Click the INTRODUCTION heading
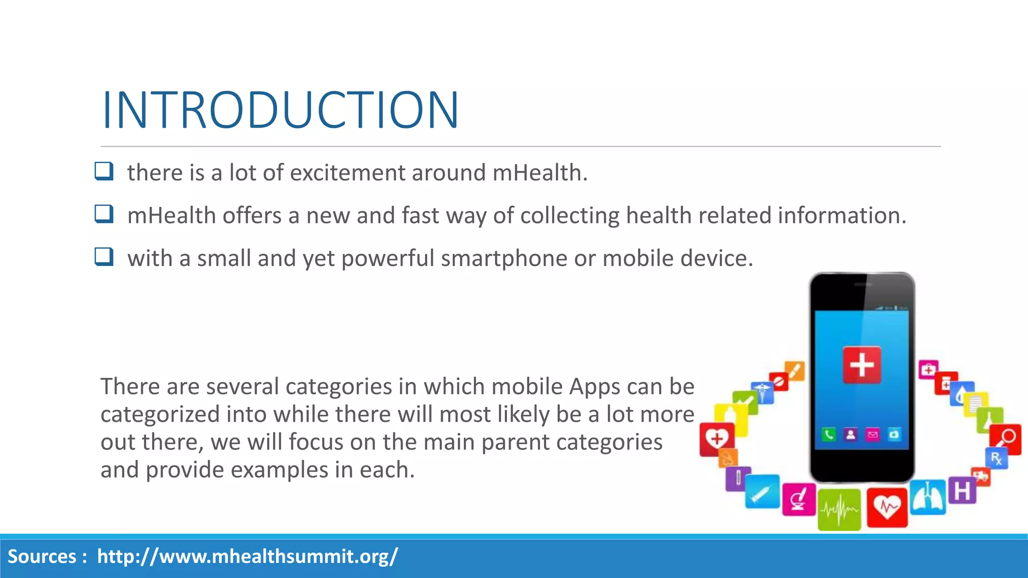click(280, 110)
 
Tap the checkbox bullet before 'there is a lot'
click(104, 172)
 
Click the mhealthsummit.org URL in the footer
click(247, 556)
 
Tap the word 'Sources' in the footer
click(42, 556)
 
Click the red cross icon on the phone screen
click(862, 365)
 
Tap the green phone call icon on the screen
click(829, 435)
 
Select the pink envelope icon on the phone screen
click(873, 435)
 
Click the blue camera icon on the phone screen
click(894, 435)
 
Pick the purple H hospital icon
click(962, 491)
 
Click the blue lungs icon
click(928, 498)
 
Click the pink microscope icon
click(798, 500)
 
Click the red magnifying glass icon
click(1006, 439)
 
